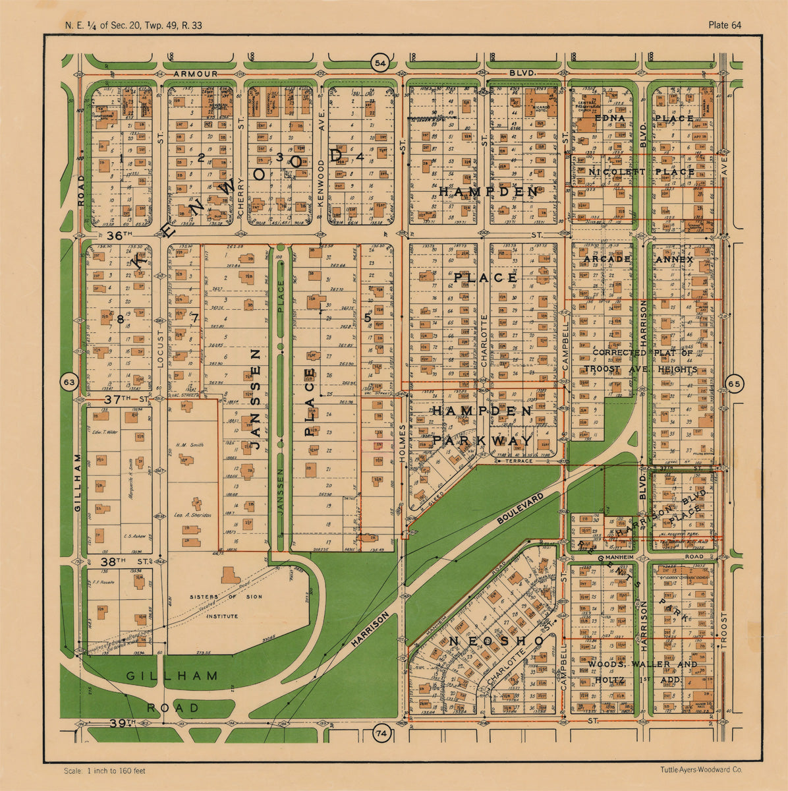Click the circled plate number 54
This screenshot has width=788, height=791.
coord(380,63)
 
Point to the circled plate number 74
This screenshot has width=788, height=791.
coord(380,732)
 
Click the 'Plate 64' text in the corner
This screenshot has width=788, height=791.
coord(725,25)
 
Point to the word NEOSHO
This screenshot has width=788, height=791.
coord(497,641)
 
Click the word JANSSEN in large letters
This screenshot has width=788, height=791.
coord(256,408)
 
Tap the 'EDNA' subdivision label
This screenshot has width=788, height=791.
coord(609,118)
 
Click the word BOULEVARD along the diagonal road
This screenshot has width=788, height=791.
coord(521,509)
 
